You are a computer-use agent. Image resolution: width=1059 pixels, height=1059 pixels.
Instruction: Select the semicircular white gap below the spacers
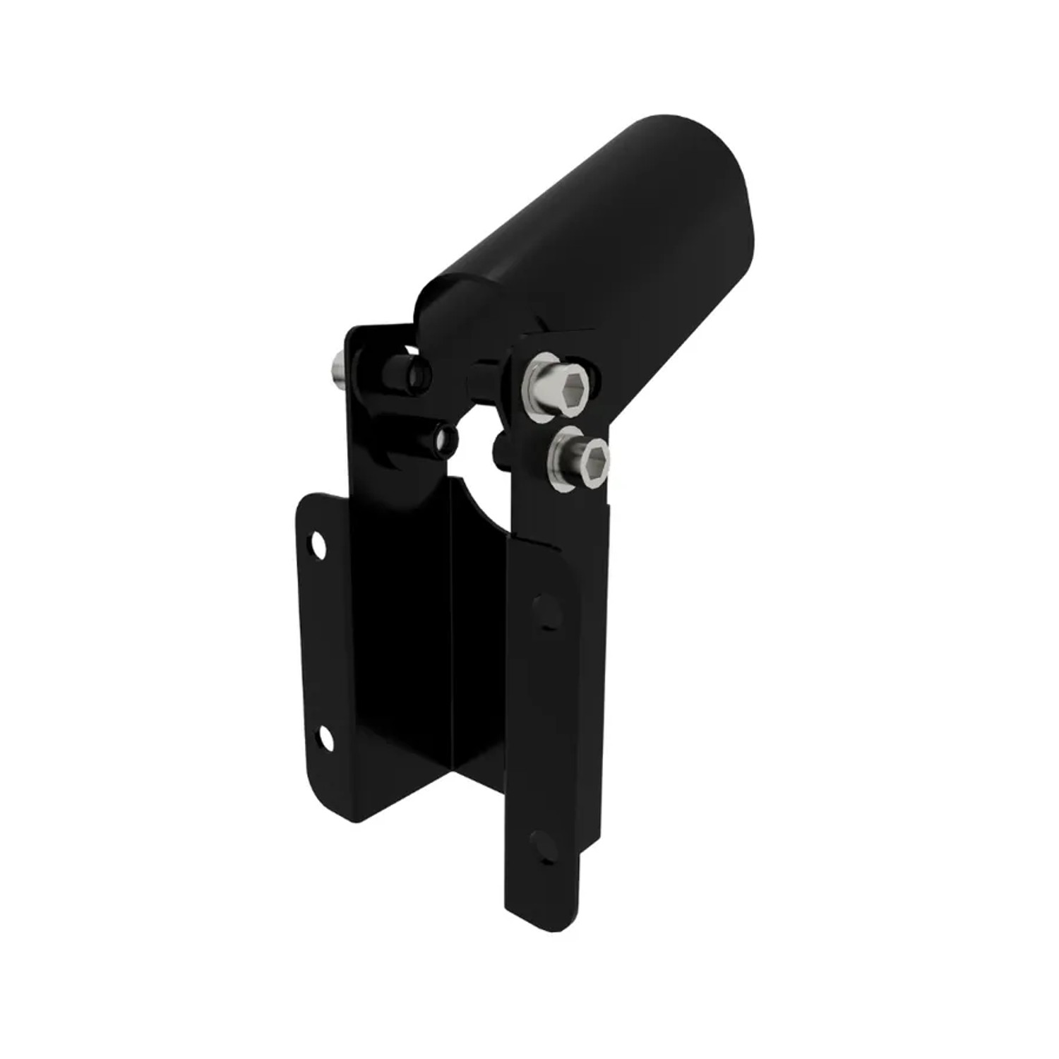[475, 466]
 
